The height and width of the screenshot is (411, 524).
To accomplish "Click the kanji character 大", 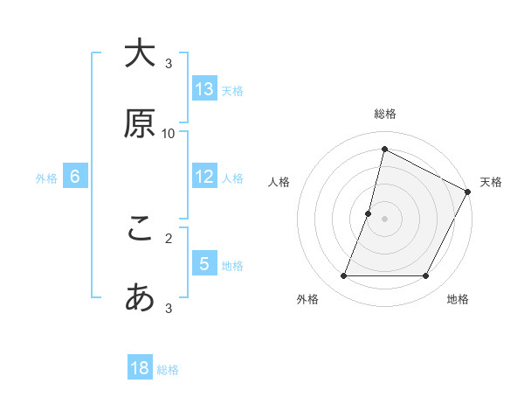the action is point(140,53).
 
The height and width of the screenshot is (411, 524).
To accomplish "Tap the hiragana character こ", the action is point(140,228).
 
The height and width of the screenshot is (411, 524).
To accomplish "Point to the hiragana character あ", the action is point(140,298).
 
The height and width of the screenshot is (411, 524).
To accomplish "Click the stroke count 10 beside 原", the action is point(169,133).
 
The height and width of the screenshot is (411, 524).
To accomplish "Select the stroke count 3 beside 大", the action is point(169,63).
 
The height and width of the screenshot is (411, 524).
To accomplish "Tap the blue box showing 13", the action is point(204,89).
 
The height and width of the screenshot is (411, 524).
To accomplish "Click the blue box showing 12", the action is point(204,177).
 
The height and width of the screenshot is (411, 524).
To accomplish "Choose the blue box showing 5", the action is point(204,264).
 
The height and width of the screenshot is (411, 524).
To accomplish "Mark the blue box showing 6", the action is point(75,177).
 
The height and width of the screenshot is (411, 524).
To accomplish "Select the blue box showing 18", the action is point(140,368).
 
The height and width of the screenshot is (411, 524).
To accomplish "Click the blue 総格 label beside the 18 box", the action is point(168,370).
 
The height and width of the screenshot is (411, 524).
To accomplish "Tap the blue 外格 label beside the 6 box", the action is point(46,178).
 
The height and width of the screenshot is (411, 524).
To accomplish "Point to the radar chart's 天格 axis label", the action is point(491,182).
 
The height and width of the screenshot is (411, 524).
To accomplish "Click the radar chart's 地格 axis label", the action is point(458,299).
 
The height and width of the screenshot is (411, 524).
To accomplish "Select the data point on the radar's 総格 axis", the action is point(384,149).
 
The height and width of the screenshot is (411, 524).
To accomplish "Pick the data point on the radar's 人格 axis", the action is point(369,213).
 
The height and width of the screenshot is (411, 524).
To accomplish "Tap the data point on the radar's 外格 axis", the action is point(343,276).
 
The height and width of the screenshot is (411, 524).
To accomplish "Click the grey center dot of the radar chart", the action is point(384,219).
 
